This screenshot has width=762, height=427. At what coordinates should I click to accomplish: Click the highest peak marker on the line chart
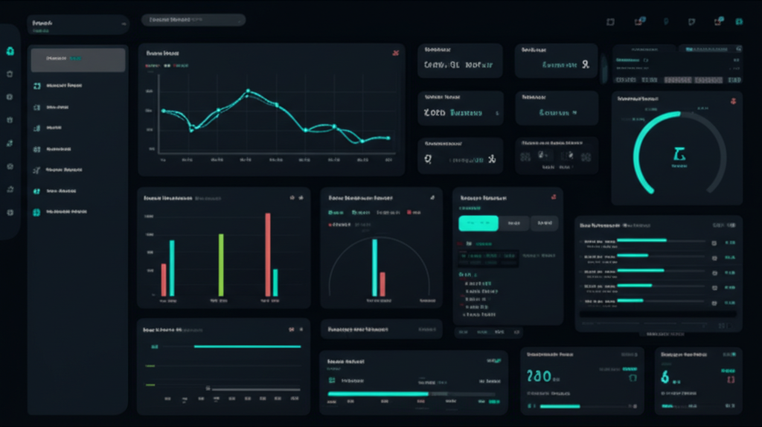(248, 91)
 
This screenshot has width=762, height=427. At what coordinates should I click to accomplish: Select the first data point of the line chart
(163, 111)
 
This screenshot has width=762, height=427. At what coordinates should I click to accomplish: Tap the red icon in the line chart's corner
(395, 54)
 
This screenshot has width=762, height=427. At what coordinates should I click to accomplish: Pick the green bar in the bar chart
(220, 265)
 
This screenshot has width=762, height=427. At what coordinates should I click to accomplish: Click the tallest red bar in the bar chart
(268, 254)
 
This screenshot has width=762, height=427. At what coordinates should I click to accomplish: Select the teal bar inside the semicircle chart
(374, 267)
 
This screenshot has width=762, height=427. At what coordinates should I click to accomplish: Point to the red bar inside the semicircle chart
(382, 283)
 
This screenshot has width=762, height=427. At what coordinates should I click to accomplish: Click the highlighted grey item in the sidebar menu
(78, 60)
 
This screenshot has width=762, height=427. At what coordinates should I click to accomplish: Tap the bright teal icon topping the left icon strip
(10, 51)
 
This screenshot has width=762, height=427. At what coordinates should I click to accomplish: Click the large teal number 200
(540, 376)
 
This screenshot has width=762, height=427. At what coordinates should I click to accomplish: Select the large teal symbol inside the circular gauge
(679, 154)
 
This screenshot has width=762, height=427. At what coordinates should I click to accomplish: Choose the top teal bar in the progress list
(642, 240)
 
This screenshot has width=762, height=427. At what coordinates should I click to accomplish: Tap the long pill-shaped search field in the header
(193, 20)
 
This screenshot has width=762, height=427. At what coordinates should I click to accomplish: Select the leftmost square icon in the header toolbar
(610, 22)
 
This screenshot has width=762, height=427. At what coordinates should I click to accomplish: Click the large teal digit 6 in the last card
(665, 377)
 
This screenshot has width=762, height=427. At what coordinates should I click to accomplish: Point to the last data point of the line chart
(388, 138)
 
